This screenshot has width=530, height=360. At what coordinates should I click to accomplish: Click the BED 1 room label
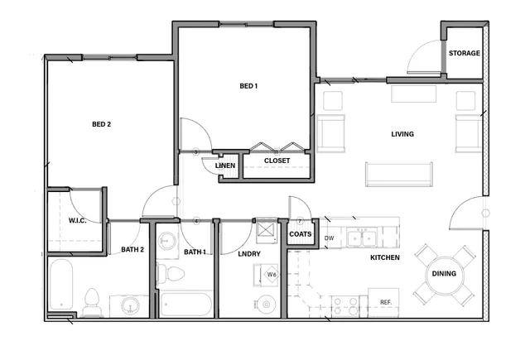pyautogui.click(x=248, y=86)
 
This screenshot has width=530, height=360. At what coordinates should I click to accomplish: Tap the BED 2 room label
pyautogui.click(x=101, y=124)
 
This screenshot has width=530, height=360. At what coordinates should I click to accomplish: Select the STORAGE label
pyautogui.click(x=465, y=53)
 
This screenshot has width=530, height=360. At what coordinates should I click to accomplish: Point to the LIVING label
pyautogui.click(x=402, y=134)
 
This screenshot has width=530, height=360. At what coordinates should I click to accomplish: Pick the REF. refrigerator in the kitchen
pyautogui.click(x=383, y=303)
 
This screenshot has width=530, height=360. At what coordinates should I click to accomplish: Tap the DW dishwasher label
pyautogui.click(x=330, y=238)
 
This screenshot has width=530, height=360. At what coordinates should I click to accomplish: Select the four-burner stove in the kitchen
pyautogui.click(x=344, y=306)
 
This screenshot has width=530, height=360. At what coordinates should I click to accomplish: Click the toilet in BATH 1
pyautogui.click(x=171, y=274)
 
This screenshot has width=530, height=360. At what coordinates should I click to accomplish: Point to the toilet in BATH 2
pyautogui.click(x=92, y=302)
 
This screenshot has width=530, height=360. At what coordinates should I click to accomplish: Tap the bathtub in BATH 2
pyautogui.click(x=61, y=285)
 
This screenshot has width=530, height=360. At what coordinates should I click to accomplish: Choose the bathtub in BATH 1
pyautogui.click(x=185, y=305)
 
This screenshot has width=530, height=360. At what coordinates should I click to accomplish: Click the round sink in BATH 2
pyautogui.click(x=130, y=305)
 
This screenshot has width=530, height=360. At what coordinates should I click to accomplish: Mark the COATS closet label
pyautogui.click(x=300, y=234)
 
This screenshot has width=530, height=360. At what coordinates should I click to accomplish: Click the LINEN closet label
pyautogui.click(x=225, y=166)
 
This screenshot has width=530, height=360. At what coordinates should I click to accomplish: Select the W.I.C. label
pyautogui.click(x=77, y=220)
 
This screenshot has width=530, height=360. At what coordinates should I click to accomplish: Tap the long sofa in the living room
pyautogui.click(x=399, y=175)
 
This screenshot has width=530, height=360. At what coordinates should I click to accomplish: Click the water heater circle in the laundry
pyautogui.click(x=267, y=305)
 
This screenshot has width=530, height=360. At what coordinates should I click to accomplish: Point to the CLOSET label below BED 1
pyautogui.click(x=277, y=161)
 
